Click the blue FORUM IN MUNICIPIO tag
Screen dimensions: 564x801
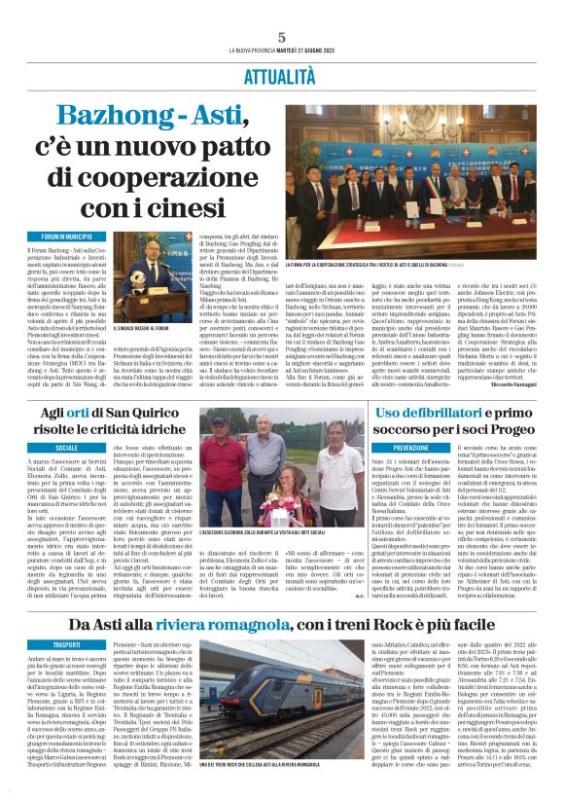click(67, 237)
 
